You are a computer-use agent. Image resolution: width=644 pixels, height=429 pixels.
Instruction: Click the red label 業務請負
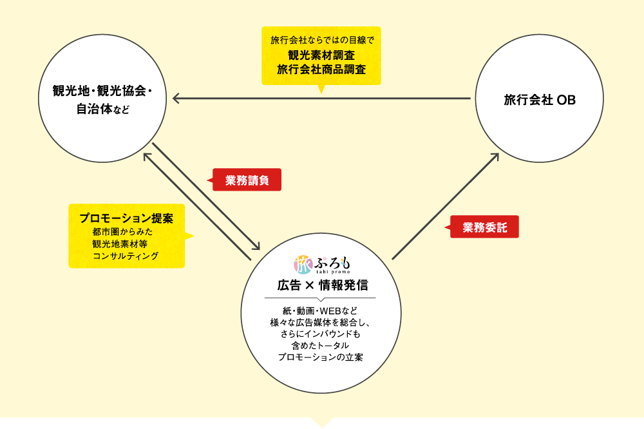(247, 180)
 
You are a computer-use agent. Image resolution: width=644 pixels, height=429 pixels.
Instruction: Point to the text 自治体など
(102, 110)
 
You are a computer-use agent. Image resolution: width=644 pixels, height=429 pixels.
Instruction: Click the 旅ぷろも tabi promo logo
(323, 265)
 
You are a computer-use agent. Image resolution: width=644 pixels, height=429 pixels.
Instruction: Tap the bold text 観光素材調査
(321, 55)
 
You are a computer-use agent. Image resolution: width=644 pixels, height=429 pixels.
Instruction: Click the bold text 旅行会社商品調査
(321, 69)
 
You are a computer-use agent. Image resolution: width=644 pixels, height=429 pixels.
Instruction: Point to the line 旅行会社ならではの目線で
(321, 41)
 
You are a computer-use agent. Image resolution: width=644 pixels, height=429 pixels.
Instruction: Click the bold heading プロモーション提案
(126, 218)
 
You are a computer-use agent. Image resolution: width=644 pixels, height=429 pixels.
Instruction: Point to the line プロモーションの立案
(321, 357)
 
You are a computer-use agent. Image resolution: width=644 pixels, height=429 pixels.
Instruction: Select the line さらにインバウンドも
(321, 334)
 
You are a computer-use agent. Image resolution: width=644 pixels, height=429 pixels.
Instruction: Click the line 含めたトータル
(321, 346)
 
